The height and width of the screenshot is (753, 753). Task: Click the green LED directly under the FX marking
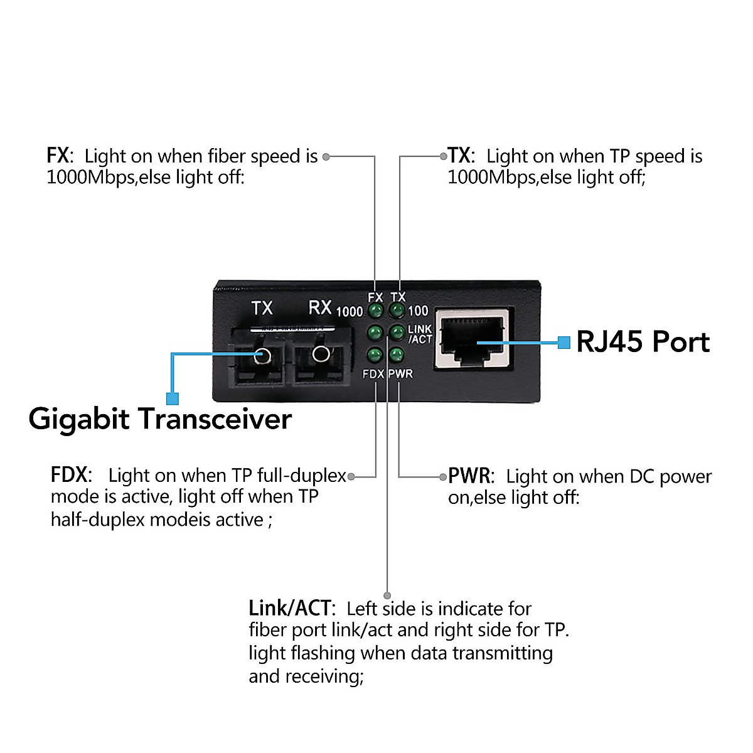coord(375,311)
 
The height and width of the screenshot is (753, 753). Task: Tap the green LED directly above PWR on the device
coord(396,355)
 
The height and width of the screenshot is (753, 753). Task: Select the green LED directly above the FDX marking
coord(375,355)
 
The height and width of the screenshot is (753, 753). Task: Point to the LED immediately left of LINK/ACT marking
coord(397,332)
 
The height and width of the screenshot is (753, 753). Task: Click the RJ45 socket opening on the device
coord(474,340)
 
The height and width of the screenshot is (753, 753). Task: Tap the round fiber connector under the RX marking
coord(321,354)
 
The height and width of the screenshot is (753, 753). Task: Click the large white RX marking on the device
coord(320,307)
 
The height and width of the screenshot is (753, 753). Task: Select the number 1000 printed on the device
coord(350,312)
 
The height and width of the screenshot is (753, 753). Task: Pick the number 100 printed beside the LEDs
coord(419,311)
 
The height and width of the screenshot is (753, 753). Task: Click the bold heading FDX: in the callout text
coord(71,475)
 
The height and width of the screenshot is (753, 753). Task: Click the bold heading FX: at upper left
coord(60,156)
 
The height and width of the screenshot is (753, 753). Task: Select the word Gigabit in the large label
coord(79,419)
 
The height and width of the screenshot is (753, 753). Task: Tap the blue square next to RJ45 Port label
coord(564,343)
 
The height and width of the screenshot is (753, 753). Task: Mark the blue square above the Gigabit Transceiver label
coord(173,398)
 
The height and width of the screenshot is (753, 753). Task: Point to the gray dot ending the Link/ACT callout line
coord(387,595)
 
